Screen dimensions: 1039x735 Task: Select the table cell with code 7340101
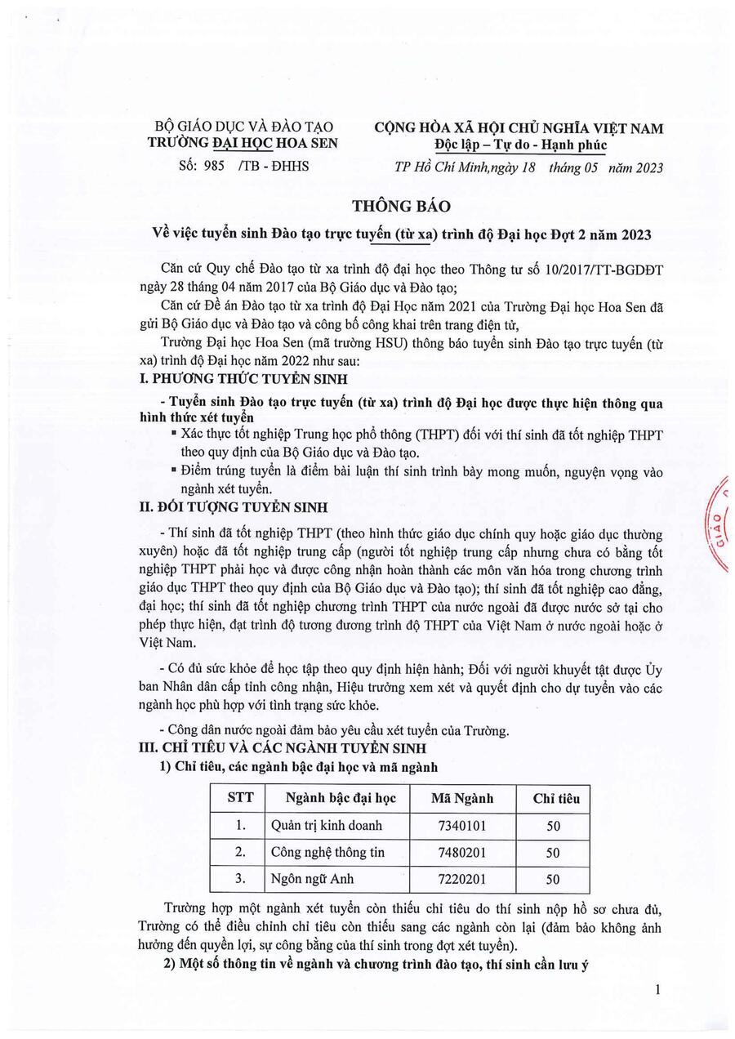(462, 826)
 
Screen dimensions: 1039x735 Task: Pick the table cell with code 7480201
(462, 853)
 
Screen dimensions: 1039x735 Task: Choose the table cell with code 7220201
(462, 879)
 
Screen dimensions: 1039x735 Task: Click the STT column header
(240, 798)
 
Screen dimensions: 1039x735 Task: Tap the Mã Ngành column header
(462, 798)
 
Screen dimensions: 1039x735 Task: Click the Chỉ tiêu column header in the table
(555, 798)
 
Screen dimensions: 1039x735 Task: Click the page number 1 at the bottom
(657, 990)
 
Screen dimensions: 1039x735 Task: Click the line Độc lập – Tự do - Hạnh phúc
(521, 146)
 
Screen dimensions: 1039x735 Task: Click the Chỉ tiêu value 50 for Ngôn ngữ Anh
(554, 879)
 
